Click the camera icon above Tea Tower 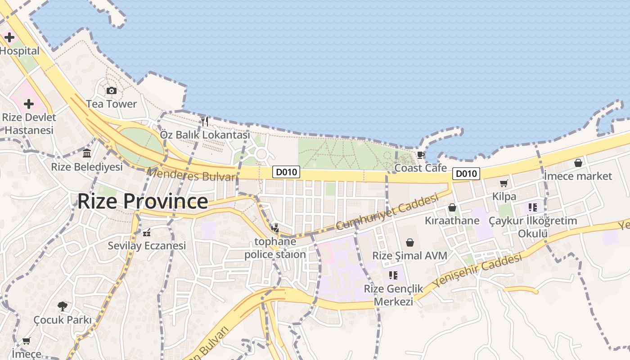click(x=112, y=91)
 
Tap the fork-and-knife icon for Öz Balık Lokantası click(x=205, y=121)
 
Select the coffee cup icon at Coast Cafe click(x=421, y=155)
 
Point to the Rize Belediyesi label click(x=87, y=167)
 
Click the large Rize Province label click(x=143, y=201)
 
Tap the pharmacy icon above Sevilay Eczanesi click(x=147, y=233)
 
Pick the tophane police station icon click(x=275, y=228)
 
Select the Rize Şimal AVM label click(x=409, y=256)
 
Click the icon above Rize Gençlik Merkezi click(x=393, y=275)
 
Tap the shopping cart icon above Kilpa click(x=504, y=183)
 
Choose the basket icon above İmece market click(x=578, y=163)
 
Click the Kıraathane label click(x=452, y=221)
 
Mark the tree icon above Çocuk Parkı click(x=63, y=306)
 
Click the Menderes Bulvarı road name click(x=192, y=175)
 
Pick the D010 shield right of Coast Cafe click(x=466, y=174)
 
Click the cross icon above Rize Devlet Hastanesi click(x=29, y=104)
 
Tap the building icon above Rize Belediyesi click(x=87, y=153)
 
